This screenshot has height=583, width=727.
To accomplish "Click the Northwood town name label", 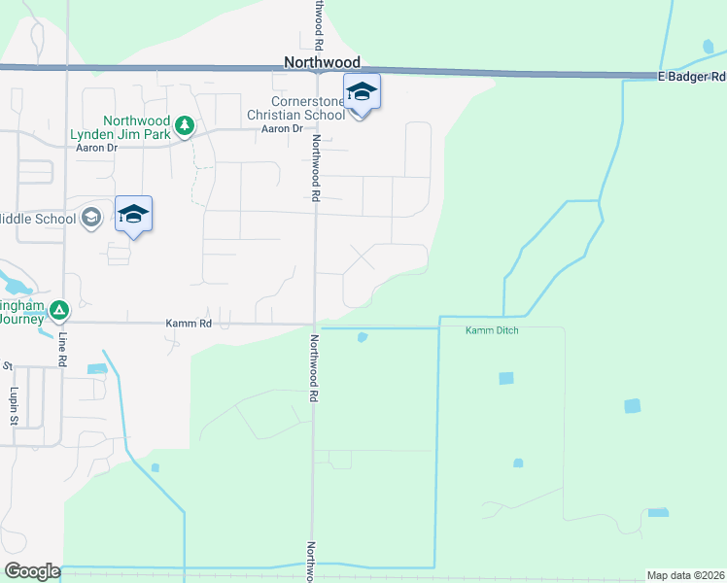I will pos(322,62).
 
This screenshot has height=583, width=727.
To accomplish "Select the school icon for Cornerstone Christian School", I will pos(362,94).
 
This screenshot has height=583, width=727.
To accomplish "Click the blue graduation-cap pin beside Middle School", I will pos(133,215).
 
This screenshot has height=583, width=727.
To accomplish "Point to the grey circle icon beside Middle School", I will pos(91,217).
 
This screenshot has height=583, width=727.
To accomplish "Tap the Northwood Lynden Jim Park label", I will pos(120,127).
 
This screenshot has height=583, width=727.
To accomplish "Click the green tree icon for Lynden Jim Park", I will pos(185,125).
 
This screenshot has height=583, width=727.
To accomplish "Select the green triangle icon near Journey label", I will pos(59,311).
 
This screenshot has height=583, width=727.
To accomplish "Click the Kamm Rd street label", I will pos(190,323).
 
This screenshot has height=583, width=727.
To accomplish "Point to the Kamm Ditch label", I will pos(491,331).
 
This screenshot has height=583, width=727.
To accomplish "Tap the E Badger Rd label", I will pos(691,77).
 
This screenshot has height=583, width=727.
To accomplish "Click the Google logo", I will pos(32,570).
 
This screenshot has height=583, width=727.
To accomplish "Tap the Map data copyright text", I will pos(684,575).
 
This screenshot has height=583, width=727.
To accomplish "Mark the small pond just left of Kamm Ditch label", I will pos(363,337).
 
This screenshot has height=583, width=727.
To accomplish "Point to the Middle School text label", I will pos(38,219).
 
